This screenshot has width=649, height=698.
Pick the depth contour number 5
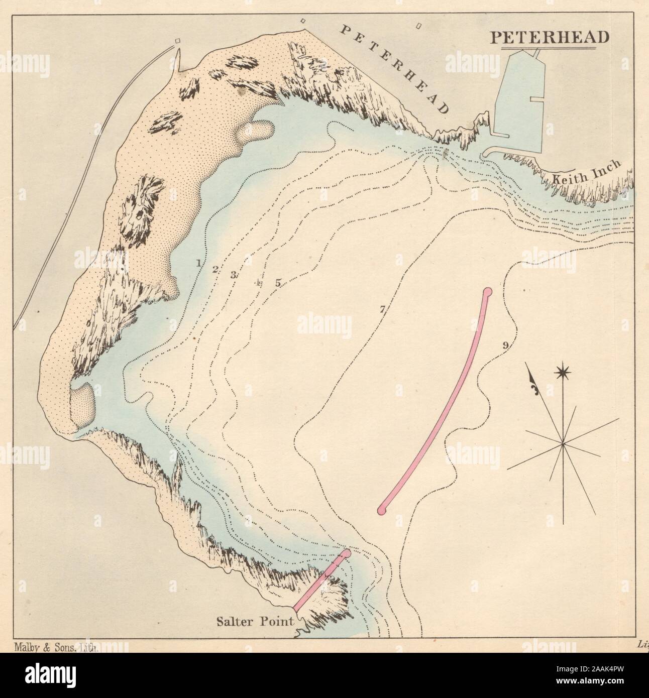(x=277, y=283)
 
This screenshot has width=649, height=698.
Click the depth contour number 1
(x=199, y=263)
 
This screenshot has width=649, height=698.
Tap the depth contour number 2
(x=214, y=269)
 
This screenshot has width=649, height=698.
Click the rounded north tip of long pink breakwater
(x=487, y=291)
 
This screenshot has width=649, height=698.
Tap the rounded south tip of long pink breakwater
(x=382, y=510)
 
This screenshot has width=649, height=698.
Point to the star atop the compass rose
(x=563, y=373)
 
